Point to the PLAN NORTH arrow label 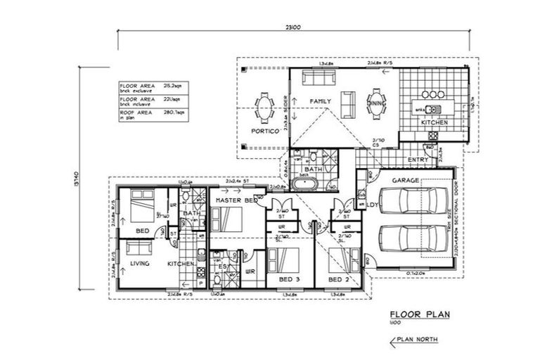[416, 340]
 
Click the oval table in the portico [265, 109]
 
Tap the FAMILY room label [321, 102]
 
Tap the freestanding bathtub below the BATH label [306, 186]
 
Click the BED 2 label [339, 279]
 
